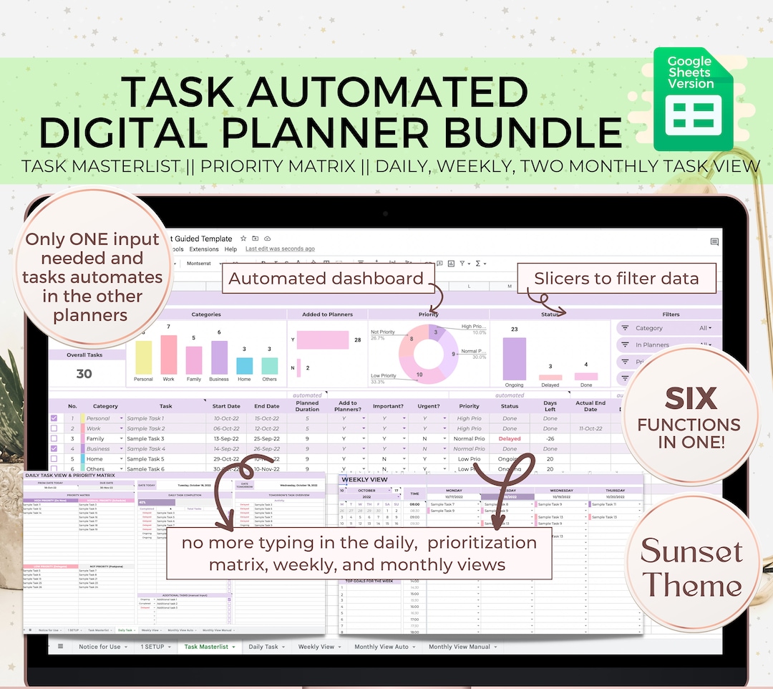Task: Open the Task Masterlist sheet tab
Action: click(x=206, y=647)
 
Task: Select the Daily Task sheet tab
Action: click(x=263, y=647)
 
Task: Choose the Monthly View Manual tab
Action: click(x=460, y=647)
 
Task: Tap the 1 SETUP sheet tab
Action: click(x=152, y=647)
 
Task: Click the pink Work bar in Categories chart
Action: click(x=169, y=355)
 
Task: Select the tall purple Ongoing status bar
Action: click(x=514, y=358)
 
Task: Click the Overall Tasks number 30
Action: click(x=84, y=373)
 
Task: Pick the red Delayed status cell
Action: click(x=510, y=438)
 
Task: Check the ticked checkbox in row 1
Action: click(x=54, y=418)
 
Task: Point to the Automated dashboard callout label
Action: click(x=326, y=279)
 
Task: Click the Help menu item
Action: click(x=230, y=249)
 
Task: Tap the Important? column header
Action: click(x=389, y=406)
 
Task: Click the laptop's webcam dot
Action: click(x=386, y=213)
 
